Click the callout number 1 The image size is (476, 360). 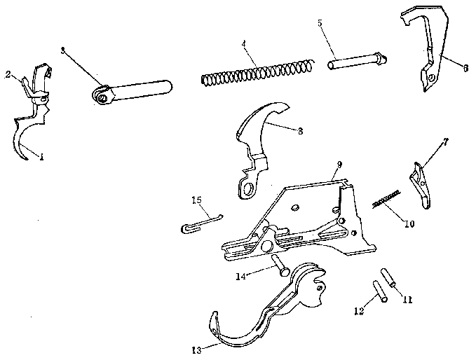pos(41,158)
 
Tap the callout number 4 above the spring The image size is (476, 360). pos(243,44)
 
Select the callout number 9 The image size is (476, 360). pos(339,164)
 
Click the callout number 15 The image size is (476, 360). pos(197,201)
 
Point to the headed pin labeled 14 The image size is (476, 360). pos(278,265)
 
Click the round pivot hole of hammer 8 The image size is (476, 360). pos(247,188)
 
